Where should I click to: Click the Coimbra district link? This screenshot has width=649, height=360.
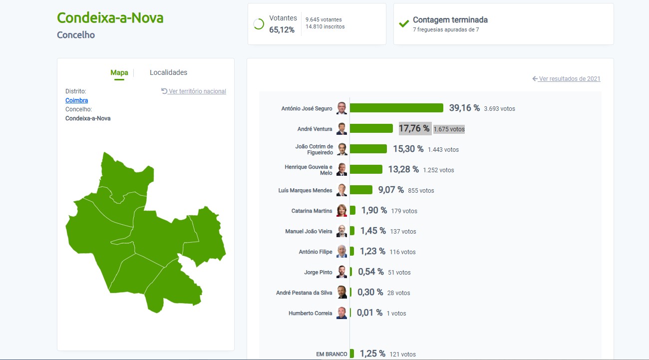pos(76,100)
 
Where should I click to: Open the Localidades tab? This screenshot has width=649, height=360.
pos(168,72)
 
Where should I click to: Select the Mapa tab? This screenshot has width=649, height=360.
pos(119,72)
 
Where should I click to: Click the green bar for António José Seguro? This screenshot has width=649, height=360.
pos(396,108)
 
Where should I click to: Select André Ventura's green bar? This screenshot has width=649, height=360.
pos(371,128)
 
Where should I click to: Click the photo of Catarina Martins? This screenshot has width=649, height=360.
pos(341,211)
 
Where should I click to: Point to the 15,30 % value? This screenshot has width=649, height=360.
pos(408,149)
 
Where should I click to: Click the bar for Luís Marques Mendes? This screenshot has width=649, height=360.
pos(361,190)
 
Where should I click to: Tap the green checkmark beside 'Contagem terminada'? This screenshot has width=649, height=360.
pos(404,23)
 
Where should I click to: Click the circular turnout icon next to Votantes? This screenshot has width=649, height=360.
pos(259,24)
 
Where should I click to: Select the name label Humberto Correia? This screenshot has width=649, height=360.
pos(310,313)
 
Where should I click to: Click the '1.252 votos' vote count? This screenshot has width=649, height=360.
pos(438,170)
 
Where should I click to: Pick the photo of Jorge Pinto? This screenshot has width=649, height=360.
pos(341,272)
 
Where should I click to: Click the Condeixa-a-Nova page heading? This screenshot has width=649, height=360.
pos(110,18)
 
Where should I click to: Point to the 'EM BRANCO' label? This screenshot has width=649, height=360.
pos(331,354)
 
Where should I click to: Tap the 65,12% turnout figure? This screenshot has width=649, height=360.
pos(282,29)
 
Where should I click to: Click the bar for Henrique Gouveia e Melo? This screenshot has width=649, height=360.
pos(366,169)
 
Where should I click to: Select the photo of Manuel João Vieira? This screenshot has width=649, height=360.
pos(341,231)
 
